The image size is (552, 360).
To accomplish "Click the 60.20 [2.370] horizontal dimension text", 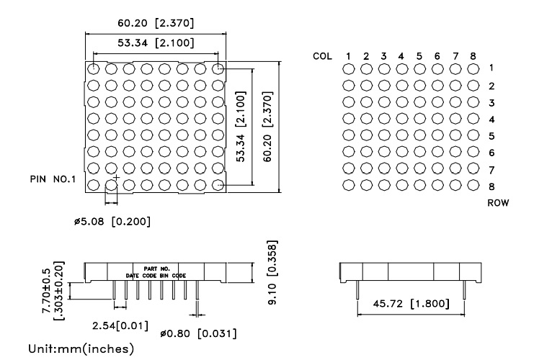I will (156, 23).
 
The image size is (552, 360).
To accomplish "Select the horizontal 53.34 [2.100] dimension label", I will (156, 42).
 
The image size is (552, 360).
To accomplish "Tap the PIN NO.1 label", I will (53, 179).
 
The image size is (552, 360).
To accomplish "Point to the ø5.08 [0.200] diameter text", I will (112, 221).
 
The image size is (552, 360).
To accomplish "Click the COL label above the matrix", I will (322, 55).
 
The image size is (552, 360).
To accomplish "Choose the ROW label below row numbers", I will (498, 203).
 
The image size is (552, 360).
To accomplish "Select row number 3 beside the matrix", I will (491, 103).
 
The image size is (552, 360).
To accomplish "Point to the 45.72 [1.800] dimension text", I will (411, 304).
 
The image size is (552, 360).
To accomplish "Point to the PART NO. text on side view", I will (156, 268).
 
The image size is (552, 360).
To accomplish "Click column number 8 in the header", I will (473, 55).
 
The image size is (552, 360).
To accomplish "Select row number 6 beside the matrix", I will (491, 153).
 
